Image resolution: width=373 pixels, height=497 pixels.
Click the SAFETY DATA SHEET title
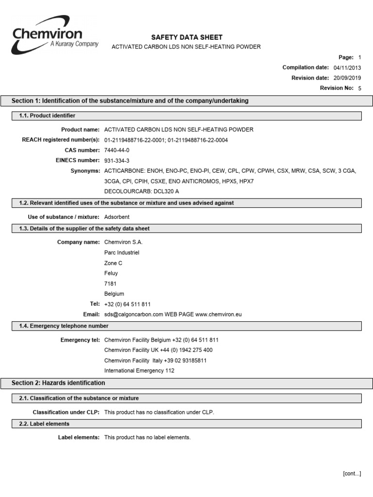coord(187,37)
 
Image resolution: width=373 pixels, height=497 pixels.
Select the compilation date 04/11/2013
coord(347,67)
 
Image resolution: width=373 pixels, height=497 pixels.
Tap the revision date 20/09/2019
coord(347,78)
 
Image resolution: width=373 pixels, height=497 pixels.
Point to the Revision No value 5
coord(359,88)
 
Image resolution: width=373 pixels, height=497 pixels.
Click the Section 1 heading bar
coord(186,101)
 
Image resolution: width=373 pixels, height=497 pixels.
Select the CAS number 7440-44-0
coord(117,150)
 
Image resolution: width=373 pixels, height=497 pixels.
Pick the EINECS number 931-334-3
coord(117,161)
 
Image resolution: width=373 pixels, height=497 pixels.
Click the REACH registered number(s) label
coord(61,140)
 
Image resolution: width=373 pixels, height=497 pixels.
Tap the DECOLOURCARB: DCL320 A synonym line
coord(138,192)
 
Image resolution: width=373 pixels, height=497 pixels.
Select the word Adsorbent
coord(117,217)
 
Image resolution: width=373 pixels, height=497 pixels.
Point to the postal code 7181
coord(110,283)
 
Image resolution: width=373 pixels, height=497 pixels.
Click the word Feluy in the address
coord(111,273)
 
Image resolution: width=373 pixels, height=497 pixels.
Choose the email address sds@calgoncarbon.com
coord(134,315)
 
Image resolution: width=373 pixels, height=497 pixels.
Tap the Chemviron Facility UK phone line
coord(158,350)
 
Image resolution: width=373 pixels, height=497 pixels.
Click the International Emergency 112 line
coord(139,371)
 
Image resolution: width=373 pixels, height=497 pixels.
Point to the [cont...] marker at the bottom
coord(352,474)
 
